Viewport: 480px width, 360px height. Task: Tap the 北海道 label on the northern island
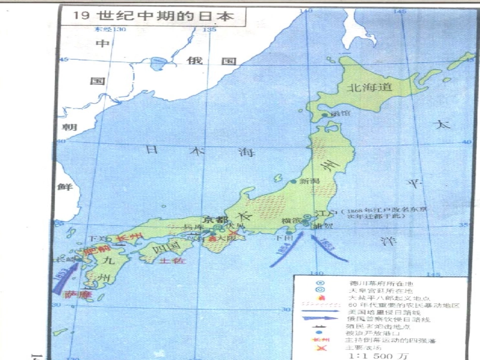click(x=369, y=87)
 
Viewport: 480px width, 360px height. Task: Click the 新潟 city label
click(x=310, y=181)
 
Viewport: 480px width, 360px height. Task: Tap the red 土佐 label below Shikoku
click(x=172, y=261)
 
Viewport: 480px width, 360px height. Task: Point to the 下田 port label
click(x=281, y=238)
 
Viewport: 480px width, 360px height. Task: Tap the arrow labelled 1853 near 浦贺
click(x=328, y=251)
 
